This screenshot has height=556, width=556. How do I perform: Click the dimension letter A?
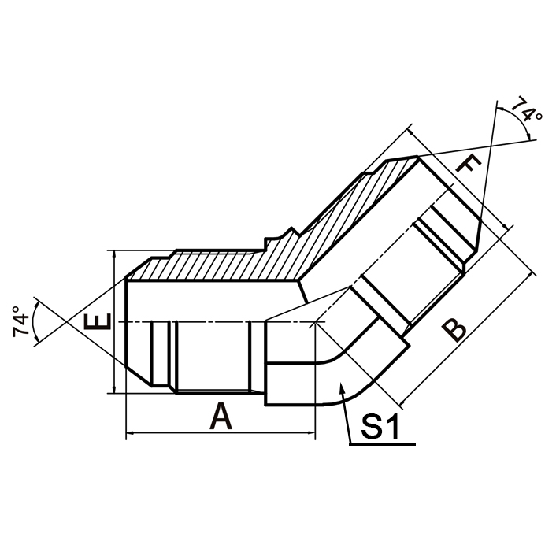221,416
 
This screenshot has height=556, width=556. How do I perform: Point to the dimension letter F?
469,166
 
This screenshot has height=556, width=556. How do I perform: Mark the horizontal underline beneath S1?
381,446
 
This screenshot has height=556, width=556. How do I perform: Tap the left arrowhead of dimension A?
130,432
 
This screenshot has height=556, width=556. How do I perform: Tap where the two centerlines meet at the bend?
314,323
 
